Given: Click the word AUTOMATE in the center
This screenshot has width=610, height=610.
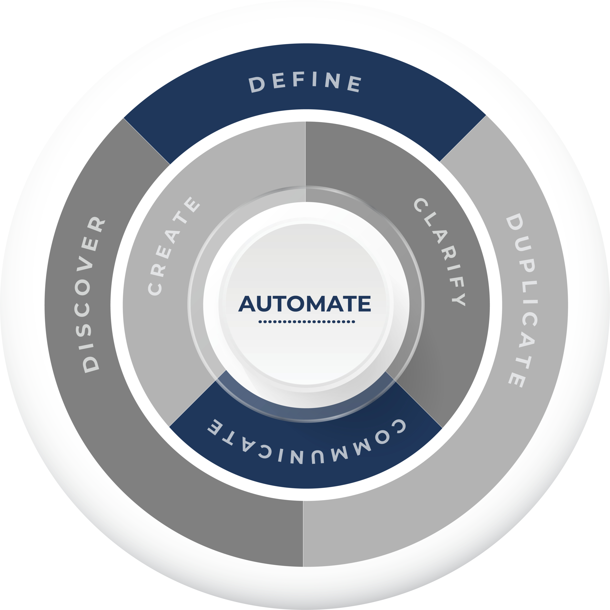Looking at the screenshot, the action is tap(305, 304).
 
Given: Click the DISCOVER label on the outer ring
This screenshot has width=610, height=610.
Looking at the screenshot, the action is tap(91, 294).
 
